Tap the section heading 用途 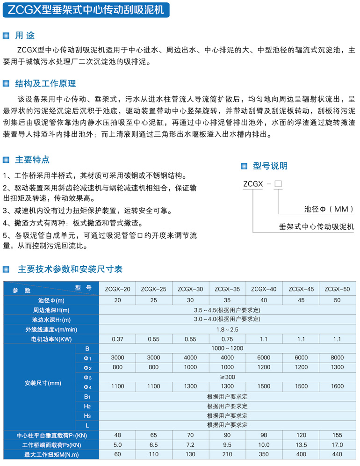pyautogui.click(x=25, y=36)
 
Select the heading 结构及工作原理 pyautogui.click(x=45, y=84)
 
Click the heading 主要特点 pyautogui.click(x=32, y=160)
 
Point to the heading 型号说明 pyautogui.click(x=270, y=166)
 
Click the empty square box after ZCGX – pyautogui.click(x=278, y=183)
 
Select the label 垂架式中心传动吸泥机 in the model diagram pyautogui.click(x=317, y=227)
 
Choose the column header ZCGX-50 pyautogui.click(x=337, y=289)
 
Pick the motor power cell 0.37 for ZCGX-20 pyautogui.click(x=117, y=338)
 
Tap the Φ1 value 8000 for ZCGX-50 pyautogui.click(x=337, y=358)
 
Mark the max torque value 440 pyautogui.click(x=337, y=454)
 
